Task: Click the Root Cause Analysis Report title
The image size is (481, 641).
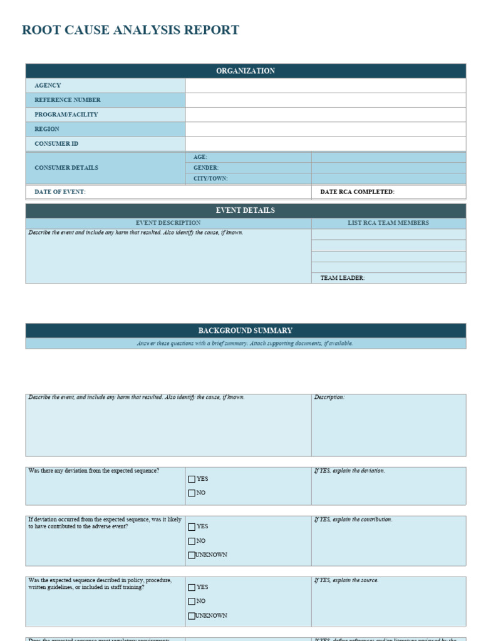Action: pos(130,30)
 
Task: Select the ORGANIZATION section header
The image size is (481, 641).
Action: pos(246,71)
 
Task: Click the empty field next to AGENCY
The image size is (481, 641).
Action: pos(326,85)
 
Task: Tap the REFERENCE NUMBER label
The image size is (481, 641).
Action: pos(68,100)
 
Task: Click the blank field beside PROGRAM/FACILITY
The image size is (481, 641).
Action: pos(326,115)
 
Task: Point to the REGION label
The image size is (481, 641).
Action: pos(47,129)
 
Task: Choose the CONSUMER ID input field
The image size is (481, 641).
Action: pos(326,143)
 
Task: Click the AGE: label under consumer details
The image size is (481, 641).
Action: pos(200,157)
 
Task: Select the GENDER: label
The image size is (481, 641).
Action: pos(205,168)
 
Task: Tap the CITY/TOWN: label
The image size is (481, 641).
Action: pos(210,178)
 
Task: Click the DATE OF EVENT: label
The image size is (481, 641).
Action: pos(60,192)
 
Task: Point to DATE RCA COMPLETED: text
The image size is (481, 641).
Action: pos(357,192)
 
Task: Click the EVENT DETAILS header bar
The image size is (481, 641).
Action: pos(246,210)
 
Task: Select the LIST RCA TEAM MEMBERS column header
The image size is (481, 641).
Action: pos(388,223)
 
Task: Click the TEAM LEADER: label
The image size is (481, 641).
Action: pos(343,278)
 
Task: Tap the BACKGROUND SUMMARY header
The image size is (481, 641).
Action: pos(246,331)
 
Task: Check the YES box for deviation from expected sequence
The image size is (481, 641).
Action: pos(192,479)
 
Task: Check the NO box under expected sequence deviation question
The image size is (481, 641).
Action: pos(192,493)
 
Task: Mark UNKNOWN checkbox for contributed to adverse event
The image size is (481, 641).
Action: pos(192,555)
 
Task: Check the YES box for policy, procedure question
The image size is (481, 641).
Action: pos(192,588)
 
